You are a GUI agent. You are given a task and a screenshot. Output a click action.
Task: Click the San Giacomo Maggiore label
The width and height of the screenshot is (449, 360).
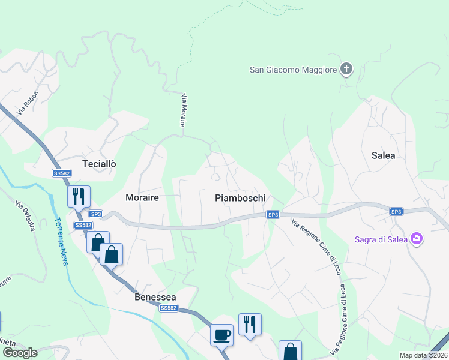(293, 70)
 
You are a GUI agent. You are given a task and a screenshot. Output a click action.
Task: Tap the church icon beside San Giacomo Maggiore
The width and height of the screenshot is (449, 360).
(346, 70)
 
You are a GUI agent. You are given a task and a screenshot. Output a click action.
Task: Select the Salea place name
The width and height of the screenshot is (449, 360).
(384, 155)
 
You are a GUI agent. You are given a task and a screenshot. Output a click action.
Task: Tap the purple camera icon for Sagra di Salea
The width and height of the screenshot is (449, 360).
(416, 239)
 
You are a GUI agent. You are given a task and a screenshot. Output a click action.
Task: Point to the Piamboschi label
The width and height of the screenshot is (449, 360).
(240, 197)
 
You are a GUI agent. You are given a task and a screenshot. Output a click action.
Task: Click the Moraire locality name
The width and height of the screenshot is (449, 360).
(142, 197)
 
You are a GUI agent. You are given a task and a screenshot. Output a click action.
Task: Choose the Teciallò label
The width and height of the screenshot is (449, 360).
(99, 164)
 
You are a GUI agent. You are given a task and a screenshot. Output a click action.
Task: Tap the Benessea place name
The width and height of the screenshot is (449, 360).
(155, 297)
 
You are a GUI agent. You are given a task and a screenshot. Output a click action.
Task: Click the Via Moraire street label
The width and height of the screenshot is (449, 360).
(183, 110)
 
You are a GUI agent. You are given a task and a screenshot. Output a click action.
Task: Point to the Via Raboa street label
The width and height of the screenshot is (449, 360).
(27, 103)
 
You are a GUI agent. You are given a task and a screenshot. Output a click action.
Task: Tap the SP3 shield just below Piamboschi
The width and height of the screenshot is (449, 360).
(273, 214)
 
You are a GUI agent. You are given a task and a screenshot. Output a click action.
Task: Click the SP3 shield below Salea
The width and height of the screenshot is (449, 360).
(396, 211)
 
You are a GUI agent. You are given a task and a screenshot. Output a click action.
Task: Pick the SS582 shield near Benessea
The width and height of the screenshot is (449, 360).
(169, 308)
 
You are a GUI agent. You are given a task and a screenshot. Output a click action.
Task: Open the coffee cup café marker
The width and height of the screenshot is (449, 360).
(221, 334)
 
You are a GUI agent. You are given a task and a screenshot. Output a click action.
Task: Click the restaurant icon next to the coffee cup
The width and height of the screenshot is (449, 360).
(250, 324)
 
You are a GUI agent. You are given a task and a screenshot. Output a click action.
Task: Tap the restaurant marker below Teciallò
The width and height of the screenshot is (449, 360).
(79, 196)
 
